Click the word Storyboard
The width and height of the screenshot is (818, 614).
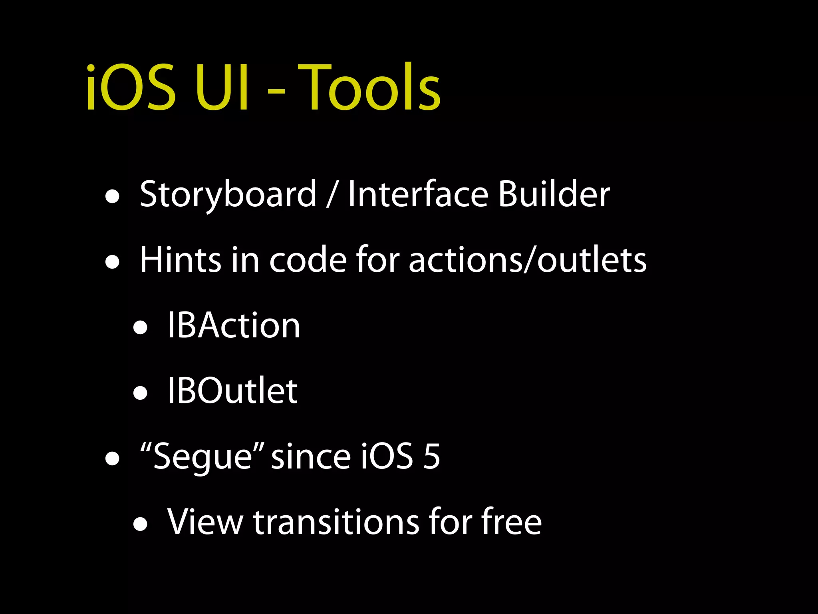[228, 195]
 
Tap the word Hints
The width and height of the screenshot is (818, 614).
[180, 260]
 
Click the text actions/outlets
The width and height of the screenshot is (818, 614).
[527, 260]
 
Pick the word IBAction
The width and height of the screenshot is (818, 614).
[234, 325]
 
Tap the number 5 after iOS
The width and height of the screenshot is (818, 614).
[431, 456]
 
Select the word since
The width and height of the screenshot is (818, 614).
[311, 456]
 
